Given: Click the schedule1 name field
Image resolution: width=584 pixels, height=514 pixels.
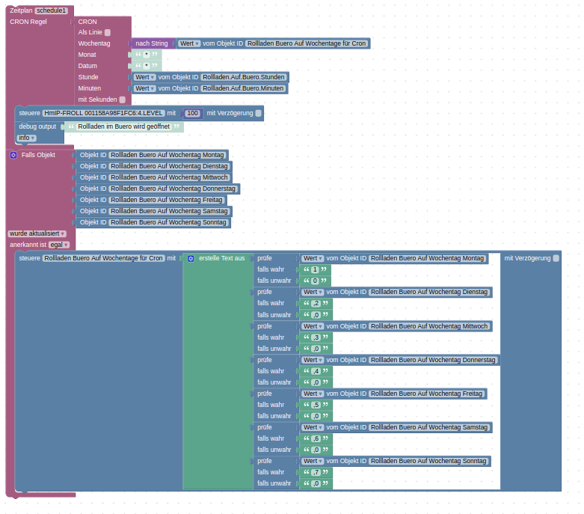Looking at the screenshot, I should (52, 10).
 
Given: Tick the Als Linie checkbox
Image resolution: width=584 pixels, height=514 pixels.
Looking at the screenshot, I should (108, 32).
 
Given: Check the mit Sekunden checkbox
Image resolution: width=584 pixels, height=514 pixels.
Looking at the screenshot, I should (122, 100).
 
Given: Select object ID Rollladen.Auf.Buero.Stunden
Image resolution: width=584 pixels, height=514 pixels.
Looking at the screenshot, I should (244, 77).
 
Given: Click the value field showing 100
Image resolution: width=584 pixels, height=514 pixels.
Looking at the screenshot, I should (193, 113).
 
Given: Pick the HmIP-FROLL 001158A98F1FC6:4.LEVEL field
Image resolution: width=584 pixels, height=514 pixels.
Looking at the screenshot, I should (103, 113).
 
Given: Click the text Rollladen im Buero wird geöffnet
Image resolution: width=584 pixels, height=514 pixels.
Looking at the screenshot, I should (123, 126).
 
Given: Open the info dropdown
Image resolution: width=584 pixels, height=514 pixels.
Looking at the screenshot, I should (27, 138).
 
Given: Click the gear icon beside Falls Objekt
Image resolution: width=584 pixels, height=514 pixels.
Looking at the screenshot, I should (13, 155).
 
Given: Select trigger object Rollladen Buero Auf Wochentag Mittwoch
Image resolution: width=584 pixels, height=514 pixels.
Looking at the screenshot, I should (168, 177).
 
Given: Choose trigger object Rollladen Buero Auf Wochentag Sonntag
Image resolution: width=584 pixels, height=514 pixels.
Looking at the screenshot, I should (168, 222).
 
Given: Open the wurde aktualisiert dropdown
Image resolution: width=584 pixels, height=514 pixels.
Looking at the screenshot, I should (37, 233).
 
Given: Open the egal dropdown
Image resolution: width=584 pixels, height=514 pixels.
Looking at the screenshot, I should (59, 245).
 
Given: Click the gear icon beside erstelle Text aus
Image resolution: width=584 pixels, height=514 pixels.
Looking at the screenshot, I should (191, 258).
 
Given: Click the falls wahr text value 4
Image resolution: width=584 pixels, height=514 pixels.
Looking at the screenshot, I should (316, 371).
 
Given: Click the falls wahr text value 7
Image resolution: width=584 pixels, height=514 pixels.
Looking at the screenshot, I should (316, 472).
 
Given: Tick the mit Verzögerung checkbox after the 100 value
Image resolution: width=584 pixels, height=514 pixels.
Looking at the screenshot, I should (259, 113).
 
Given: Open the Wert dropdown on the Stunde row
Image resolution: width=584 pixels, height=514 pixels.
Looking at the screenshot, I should (145, 77).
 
